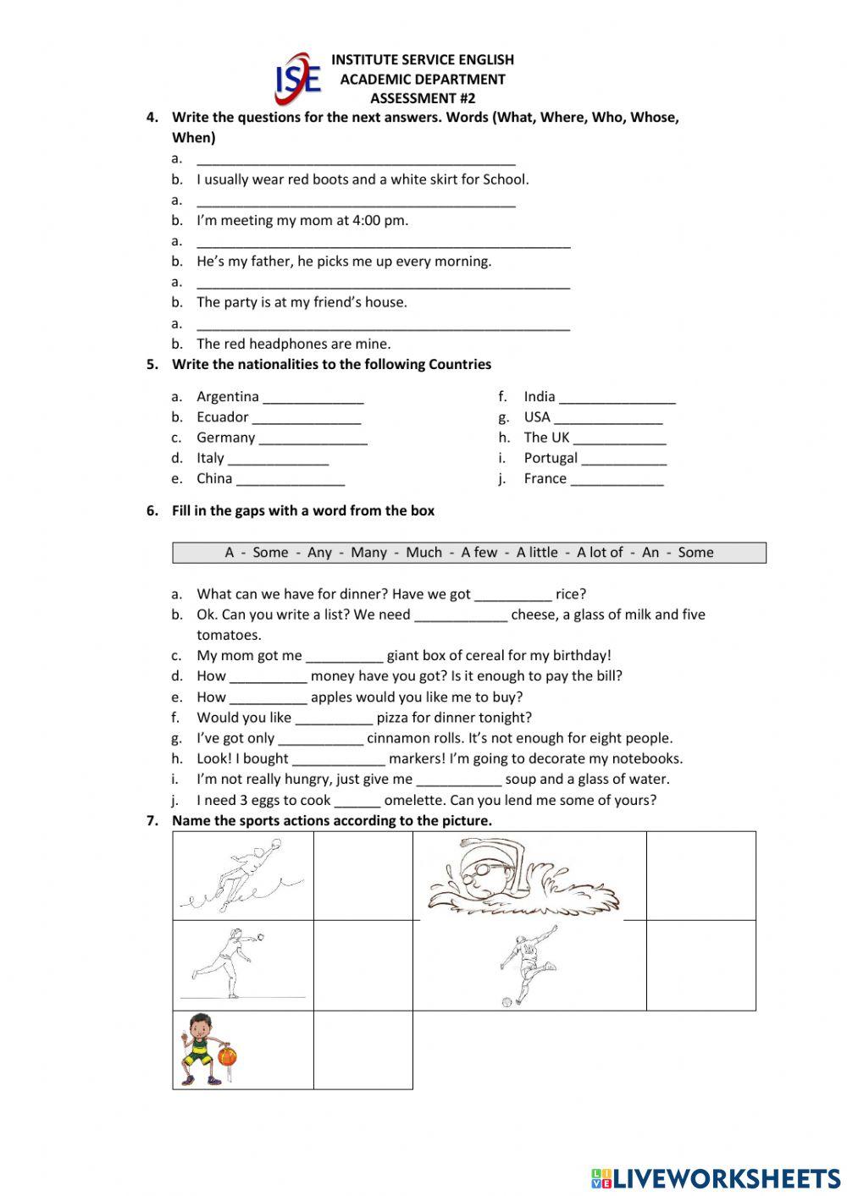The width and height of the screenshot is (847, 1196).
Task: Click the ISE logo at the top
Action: (x=298, y=79)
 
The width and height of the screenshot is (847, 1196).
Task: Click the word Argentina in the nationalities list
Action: (x=228, y=397)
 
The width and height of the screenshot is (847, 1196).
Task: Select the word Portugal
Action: (x=551, y=459)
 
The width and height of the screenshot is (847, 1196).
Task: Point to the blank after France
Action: (x=617, y=481)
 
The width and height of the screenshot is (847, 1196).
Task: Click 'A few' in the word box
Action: (x=479, y=553)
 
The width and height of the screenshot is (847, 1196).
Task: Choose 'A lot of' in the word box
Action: (x=600, y=553)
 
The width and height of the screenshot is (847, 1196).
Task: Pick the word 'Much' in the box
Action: (x=423, y=553)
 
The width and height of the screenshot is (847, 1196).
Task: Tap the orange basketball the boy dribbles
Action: (x=227, y=1056)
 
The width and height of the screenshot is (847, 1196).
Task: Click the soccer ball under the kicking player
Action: (x=507, y=1002)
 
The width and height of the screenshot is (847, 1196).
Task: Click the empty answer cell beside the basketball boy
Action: (x=363, y=1050)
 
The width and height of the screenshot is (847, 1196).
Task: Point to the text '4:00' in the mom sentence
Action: (x=368, y=221)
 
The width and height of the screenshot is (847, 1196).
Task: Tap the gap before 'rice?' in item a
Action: (x=512, y=595)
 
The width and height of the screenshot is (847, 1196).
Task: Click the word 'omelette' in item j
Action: (x=415, y=801)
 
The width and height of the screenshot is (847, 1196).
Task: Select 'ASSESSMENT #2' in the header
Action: (x=423, y=98)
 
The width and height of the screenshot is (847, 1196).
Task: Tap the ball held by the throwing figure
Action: (x=259, y=938)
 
